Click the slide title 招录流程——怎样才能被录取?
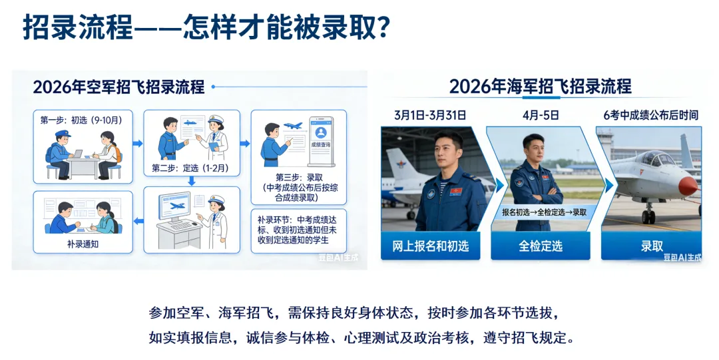click(x=206, y=27)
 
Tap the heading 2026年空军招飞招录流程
click(x=119, y=87)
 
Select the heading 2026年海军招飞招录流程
click(x=540, y=87)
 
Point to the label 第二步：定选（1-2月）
click(x=190, y=168)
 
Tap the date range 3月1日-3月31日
click(x=429, y=115)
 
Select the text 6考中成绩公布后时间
click(x=651, y=115)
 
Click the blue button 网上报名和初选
click(x=430, y=246)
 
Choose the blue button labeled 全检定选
click(x=541, y=246)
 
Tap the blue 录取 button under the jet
click(x=652, y=246)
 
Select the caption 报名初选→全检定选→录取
click(x=545, y=212)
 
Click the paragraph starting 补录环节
click(x=298, y=230)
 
